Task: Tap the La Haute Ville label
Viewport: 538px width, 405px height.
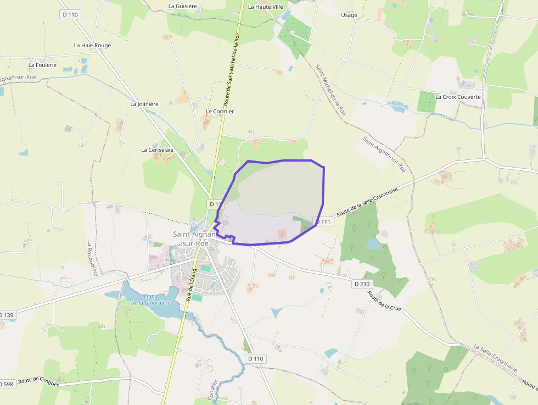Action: [266, 7]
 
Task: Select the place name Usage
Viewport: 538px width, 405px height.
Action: [349, 15]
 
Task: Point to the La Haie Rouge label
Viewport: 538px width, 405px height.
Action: [92, 46]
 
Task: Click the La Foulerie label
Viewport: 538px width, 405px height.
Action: [42, 65]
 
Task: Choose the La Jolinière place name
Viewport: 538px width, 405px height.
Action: [144, 104]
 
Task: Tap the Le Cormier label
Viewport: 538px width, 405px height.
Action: [220, 112]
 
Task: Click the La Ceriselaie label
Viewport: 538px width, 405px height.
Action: [157, 149]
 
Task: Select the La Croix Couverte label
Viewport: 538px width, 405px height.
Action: [458, 97]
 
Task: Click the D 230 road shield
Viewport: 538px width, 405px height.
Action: [362, 284]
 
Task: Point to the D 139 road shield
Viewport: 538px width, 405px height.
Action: [7, 315]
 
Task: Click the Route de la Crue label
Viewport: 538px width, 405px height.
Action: [384, 301]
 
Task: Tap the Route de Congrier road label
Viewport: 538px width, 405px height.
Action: [38, 381]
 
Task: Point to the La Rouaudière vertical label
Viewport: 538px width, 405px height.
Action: [92, 258]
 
